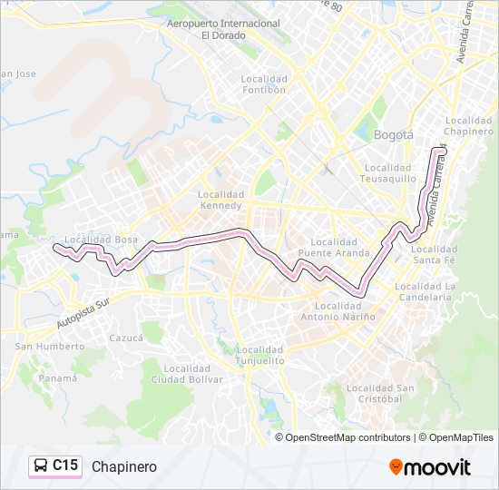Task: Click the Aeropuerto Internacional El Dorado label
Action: click(223, 28)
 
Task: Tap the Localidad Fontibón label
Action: click(264, 84)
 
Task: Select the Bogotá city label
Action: click(393, 135)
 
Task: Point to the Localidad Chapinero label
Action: click(469, 125)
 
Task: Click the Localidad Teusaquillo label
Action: click(389, 173)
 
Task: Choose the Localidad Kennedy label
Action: click(221, 200)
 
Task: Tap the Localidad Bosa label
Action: click(101, 240)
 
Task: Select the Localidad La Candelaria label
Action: click(424, 291)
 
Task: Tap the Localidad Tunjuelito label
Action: click(259, 355)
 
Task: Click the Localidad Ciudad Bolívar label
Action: click(181, 374)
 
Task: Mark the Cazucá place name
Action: click(126, 338)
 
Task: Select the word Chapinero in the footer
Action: click(123, 466)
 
